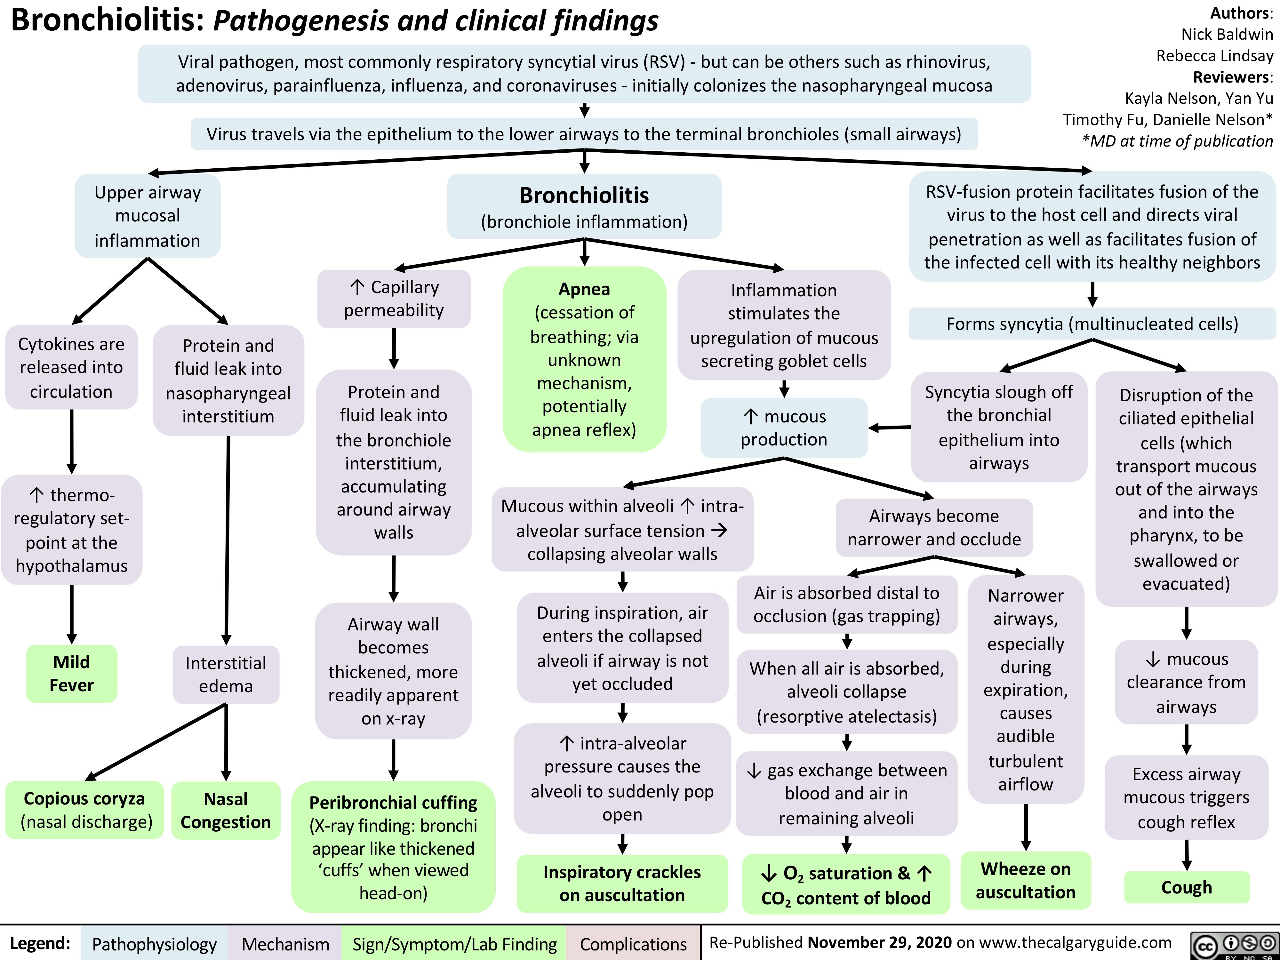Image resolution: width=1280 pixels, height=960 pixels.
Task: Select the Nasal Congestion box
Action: pyautogui.click(x=226, y=810)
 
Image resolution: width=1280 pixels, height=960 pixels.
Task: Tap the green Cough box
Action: pyautogui.click(x=1186, y=887)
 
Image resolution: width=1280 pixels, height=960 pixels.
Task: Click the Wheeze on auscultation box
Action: pyautogui.click(x=1025, y=880)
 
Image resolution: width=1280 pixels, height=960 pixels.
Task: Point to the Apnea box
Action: pyautogui.click(x=584, y=359)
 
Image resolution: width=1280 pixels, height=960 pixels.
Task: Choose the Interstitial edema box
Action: pyautogui.click(x=226, y=674)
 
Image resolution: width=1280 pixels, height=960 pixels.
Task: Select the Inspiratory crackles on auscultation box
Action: pyautogui.click(x=622, y=883)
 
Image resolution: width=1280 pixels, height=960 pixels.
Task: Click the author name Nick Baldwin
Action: pyautogui.click(x=1227, y=34)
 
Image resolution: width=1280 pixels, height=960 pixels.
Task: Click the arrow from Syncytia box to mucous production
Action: pyautogui.click(x=889, y=428)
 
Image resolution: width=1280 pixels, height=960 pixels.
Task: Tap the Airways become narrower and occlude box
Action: pyautogui.click(x=934, y=527)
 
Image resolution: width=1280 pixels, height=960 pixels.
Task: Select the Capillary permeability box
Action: pyautogui.click(x=394, y=299)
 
